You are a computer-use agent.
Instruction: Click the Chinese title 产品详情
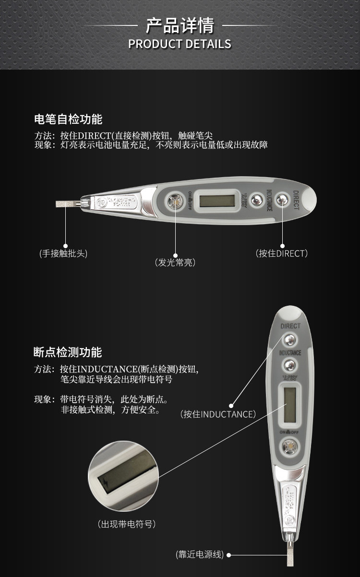pos(180,25)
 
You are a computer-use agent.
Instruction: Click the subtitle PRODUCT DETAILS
pos(180,44)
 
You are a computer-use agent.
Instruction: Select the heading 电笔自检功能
pos(68,119)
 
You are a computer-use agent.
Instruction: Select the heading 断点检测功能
pos(68,352)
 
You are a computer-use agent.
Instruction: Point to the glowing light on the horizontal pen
pos(175,201)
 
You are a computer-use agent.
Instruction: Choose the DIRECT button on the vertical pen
pos(289,340)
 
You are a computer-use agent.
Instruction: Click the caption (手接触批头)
pos(63,253)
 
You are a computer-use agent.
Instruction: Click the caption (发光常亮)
pos(175,263)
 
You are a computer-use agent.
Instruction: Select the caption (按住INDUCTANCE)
pos(218,414)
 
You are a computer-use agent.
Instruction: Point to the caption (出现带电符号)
pos(127,524)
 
